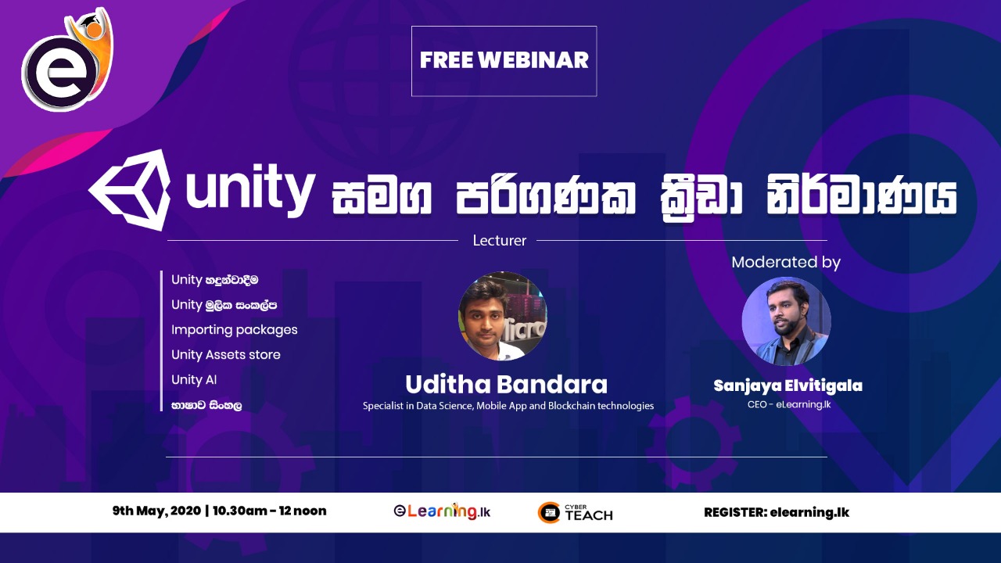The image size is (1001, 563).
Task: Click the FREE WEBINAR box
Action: (504, 61)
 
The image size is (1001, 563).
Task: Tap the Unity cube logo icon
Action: (131, 190)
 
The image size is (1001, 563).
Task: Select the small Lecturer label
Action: (499, 241)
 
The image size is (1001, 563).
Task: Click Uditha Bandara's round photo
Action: (502, 316)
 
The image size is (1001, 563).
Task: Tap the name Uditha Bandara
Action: (506, 385)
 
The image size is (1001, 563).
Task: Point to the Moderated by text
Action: (785, 263)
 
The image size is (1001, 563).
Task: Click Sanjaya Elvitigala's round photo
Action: (786, 321)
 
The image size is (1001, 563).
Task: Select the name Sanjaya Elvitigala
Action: (788, 386)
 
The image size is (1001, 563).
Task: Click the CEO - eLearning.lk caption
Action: (788, 405)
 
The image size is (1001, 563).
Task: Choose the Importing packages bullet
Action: (235, 330)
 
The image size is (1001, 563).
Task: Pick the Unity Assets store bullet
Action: (226, 355)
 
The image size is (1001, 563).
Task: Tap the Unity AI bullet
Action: (194, 380)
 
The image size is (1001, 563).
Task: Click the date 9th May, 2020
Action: (156, 511)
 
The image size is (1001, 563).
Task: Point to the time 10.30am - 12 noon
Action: (269, 511)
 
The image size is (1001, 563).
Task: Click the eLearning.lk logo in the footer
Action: (442, 512)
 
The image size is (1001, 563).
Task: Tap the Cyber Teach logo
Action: (576, 513)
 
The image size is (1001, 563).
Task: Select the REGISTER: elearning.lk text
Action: (776, 513)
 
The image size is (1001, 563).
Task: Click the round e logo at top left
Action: (61, 72)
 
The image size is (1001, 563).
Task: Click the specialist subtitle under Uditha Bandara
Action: (508, 407)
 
